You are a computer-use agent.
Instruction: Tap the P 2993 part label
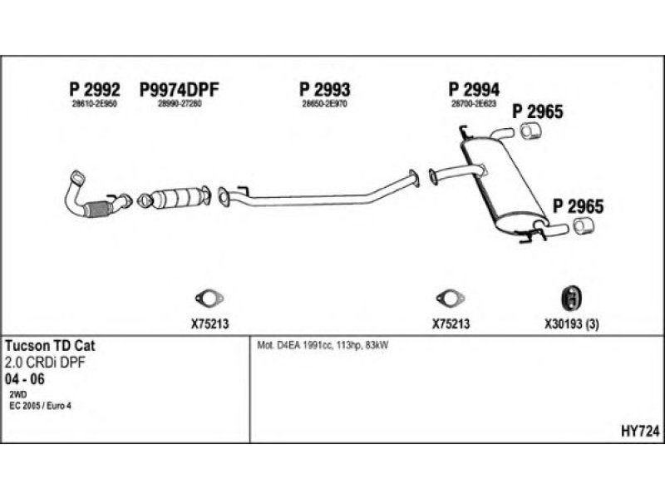pyautogui.click(x=324, y=90)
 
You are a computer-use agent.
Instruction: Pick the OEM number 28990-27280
pyautogui.click(x=180, y=103)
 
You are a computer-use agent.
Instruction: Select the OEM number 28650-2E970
pyautogui.click(x=324, y=103)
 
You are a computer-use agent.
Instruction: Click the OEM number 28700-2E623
pyautogui.click(x=474, y=103)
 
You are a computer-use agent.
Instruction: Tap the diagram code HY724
pyautogui.click(x=640, y=430)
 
